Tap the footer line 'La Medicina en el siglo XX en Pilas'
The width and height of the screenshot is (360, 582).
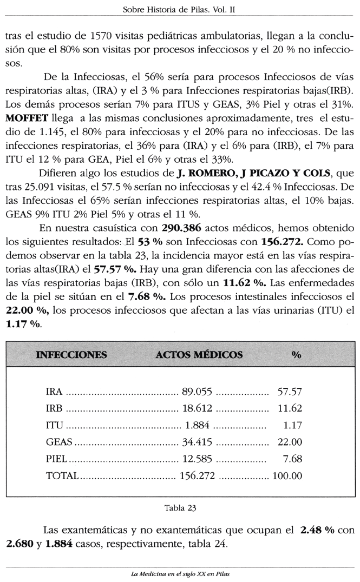(x=180, y=574)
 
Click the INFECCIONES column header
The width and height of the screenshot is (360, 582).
(x=71, y=355)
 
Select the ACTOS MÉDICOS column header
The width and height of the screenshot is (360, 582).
(x=199, y=355)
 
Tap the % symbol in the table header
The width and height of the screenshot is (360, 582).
(x=296, y=355)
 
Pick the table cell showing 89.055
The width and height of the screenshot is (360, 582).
(x=197, y=391)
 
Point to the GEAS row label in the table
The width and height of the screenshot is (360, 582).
(x=58, y=442)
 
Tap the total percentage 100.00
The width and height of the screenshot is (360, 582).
(x=288, y=476)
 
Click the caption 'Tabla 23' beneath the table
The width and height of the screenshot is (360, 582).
(x=180, y=508)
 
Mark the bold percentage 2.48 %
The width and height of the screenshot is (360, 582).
(x=316, y=528)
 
